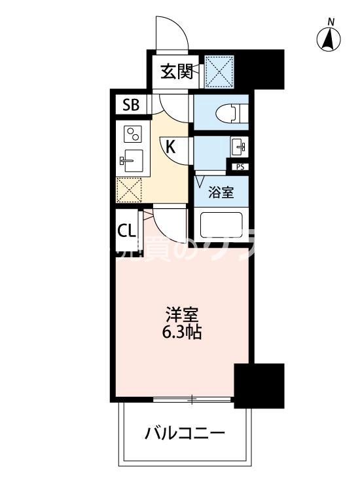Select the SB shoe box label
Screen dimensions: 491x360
coord(131,105)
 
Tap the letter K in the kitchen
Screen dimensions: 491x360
coord(170,147)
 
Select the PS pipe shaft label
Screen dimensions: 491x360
coord(240,167)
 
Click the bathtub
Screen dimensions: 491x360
coord(220,226)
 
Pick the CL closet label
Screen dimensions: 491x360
coord(127,230)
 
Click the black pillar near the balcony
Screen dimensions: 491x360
coord(259,385)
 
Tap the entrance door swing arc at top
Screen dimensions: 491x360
coord(171,33)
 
